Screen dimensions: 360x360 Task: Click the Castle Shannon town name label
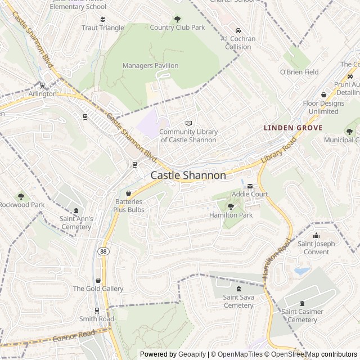tap(188, 175)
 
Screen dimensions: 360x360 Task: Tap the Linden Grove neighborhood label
tap(293, 128)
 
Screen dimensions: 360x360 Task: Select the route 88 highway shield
tap(102, 251)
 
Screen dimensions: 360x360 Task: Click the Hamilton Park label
tap(231, 215)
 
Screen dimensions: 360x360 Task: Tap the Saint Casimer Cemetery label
tap(303, 316)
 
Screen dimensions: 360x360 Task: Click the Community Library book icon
tap(188, 123)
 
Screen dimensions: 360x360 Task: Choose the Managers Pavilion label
tap(150, 66)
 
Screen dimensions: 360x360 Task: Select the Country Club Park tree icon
tap(178, 19)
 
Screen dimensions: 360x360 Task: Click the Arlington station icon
tap(43, 86)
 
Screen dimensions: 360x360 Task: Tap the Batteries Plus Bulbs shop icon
tap(129, 193)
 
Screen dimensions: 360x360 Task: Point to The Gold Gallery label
tap(98, 289)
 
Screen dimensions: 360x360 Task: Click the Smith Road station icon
tap(97, 310)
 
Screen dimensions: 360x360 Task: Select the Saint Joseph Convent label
tap(316, 247)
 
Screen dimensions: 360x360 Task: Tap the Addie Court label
tap(250, 194)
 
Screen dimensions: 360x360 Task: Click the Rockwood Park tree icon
tap(21, 196)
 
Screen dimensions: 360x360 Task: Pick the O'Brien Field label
tap(299, 72)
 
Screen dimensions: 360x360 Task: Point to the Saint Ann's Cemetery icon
tap(76, 210)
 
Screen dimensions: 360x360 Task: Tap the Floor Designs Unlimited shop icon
tap(323, 95)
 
